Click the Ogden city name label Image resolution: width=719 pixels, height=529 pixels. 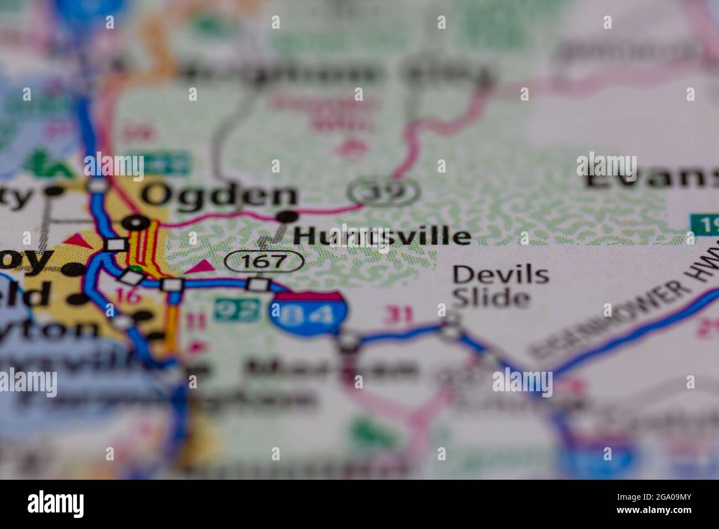click(x=220, y=195)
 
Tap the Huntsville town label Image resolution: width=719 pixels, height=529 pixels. click(x=382, y=236)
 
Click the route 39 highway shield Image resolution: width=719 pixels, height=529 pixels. click(x=383, y=191)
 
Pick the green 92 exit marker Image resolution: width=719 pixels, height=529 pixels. click(x=237, y=309)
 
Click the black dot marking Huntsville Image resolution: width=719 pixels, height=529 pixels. click(x=288, y=216)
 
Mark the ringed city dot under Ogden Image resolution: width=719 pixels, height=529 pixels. click(x=136, y=223)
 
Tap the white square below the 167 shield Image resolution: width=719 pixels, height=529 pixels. click(x=258, y=285)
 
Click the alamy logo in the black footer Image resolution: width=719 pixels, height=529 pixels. click(x=56, y=504)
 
